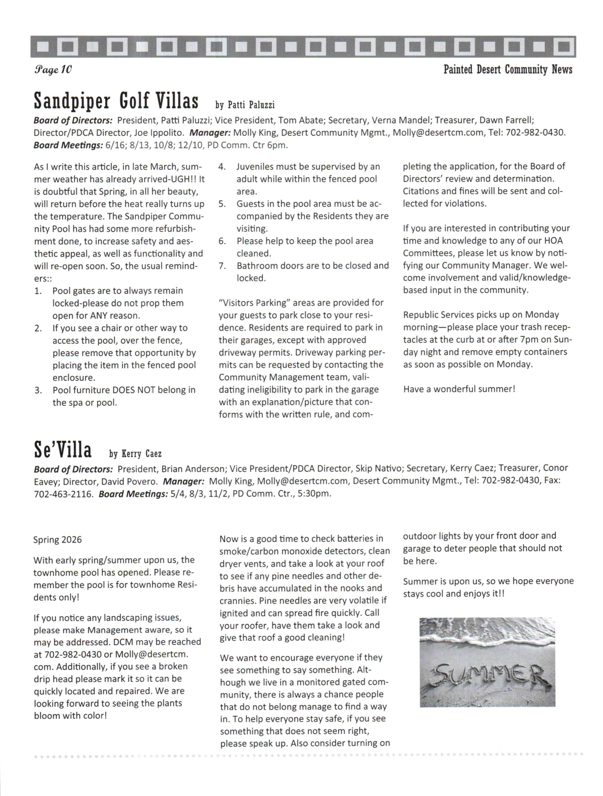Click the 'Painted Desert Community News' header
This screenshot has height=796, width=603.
[507, 69]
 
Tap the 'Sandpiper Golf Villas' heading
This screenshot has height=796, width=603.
[116, 101]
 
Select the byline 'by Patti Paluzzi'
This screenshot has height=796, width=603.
[245, 105]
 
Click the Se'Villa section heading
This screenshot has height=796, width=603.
[63, 449]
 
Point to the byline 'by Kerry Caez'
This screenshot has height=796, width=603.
[135, 454]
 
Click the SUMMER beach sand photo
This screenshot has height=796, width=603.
[487, 662]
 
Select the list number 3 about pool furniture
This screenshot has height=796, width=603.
[38, 390]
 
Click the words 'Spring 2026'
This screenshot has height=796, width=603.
[58, 540]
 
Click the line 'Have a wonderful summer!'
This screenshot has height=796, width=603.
[459, 389]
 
